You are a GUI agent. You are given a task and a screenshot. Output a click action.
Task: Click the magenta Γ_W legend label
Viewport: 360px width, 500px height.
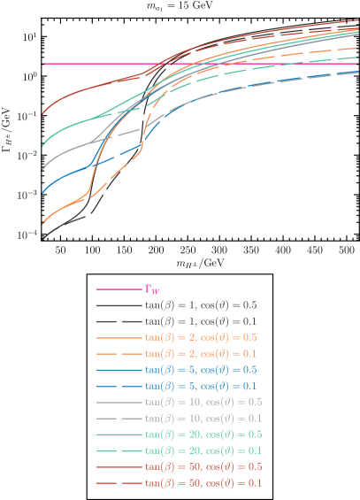pos(152,288)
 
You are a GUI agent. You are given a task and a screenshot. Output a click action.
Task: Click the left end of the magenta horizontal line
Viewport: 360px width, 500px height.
pos(44,64)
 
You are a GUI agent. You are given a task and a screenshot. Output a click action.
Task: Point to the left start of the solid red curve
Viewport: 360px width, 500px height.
pos(44,113)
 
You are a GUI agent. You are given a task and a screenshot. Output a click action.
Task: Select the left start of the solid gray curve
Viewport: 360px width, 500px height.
pos(44,165)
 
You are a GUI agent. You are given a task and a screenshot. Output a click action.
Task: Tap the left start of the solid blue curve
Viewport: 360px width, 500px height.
pos(44,190)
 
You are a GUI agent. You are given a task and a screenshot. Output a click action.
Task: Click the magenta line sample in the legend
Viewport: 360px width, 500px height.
pos(118,288)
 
